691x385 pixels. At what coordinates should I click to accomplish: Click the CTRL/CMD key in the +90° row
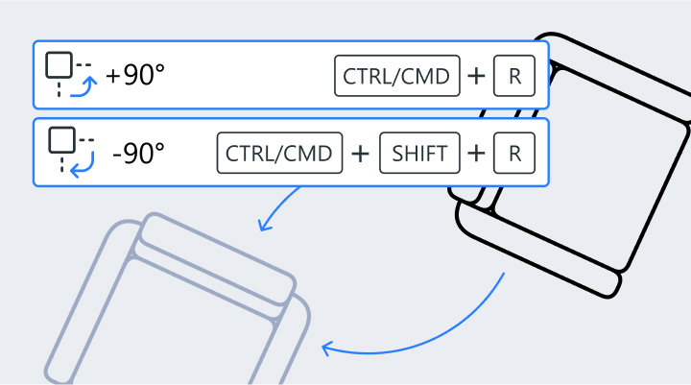coord(396,77)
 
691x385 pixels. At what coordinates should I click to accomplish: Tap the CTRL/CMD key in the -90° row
coord(280,152)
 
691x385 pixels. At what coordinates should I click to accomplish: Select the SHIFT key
coord(419,152)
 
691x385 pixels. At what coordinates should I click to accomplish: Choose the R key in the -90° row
coord(514,152)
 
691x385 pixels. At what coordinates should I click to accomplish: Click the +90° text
coord(135,77)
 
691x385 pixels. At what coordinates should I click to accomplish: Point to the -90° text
coord(138,152)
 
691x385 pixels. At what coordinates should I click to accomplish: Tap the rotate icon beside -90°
coord(71,152)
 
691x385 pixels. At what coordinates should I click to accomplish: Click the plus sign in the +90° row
coord(475,77)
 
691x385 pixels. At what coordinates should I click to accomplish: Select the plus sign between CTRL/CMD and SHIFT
coord(361,152)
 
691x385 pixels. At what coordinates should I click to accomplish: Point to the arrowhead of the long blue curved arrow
coord(325,348)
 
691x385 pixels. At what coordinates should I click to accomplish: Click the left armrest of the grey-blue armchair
coord(86,307)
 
